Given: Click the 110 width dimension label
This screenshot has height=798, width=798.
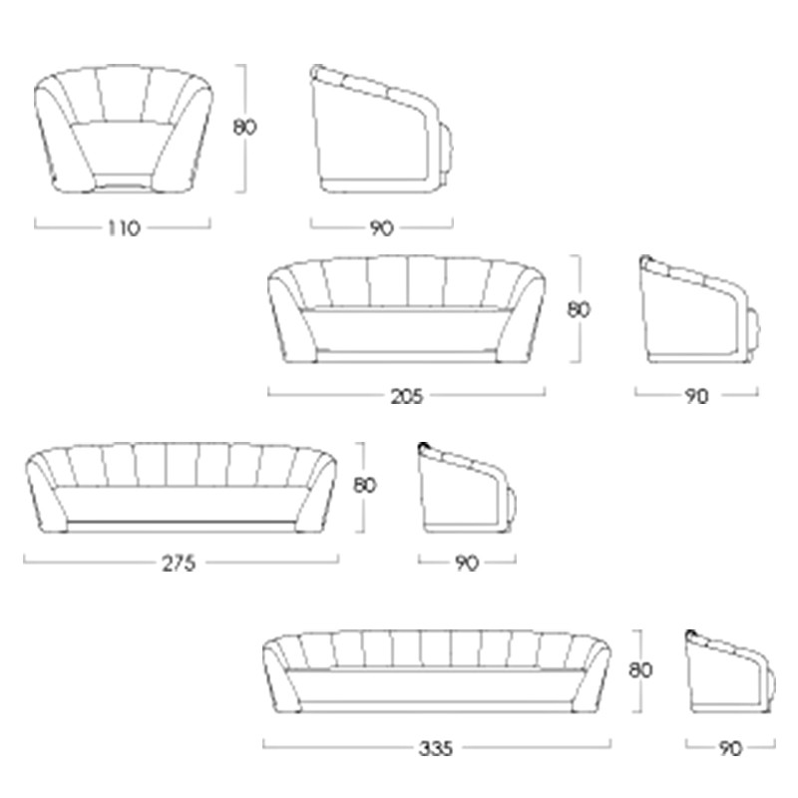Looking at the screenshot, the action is pos(124,228).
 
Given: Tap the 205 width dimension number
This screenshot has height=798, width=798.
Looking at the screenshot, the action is pos(407,396).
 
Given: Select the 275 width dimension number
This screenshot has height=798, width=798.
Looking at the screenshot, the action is pos(179,564).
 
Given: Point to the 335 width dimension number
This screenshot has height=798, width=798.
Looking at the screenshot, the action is pos(436,749).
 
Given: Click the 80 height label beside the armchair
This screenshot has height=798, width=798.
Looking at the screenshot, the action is pos(244,128).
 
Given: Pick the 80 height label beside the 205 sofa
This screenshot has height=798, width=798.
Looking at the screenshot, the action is pos(579,309).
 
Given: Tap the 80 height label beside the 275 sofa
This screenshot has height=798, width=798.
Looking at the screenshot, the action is pos(365,486).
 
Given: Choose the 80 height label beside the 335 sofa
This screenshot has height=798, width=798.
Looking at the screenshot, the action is pos(640,670).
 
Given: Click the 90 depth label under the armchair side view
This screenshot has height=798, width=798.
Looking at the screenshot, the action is pos(382,228).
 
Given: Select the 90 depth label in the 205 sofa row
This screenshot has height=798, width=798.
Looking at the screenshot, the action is pos(696,396).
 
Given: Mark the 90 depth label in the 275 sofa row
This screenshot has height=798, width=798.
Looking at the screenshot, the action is pos(467,564).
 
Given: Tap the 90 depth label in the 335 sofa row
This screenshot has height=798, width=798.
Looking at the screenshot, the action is pos(730,749).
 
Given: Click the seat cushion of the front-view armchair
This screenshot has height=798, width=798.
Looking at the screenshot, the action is pos(123,148).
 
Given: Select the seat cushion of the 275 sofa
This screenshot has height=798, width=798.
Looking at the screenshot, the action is pos(179,504).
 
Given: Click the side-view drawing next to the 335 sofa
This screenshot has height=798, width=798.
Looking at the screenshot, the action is pos(730,670).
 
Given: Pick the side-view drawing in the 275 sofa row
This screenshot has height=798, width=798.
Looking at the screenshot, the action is pos(467,488).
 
